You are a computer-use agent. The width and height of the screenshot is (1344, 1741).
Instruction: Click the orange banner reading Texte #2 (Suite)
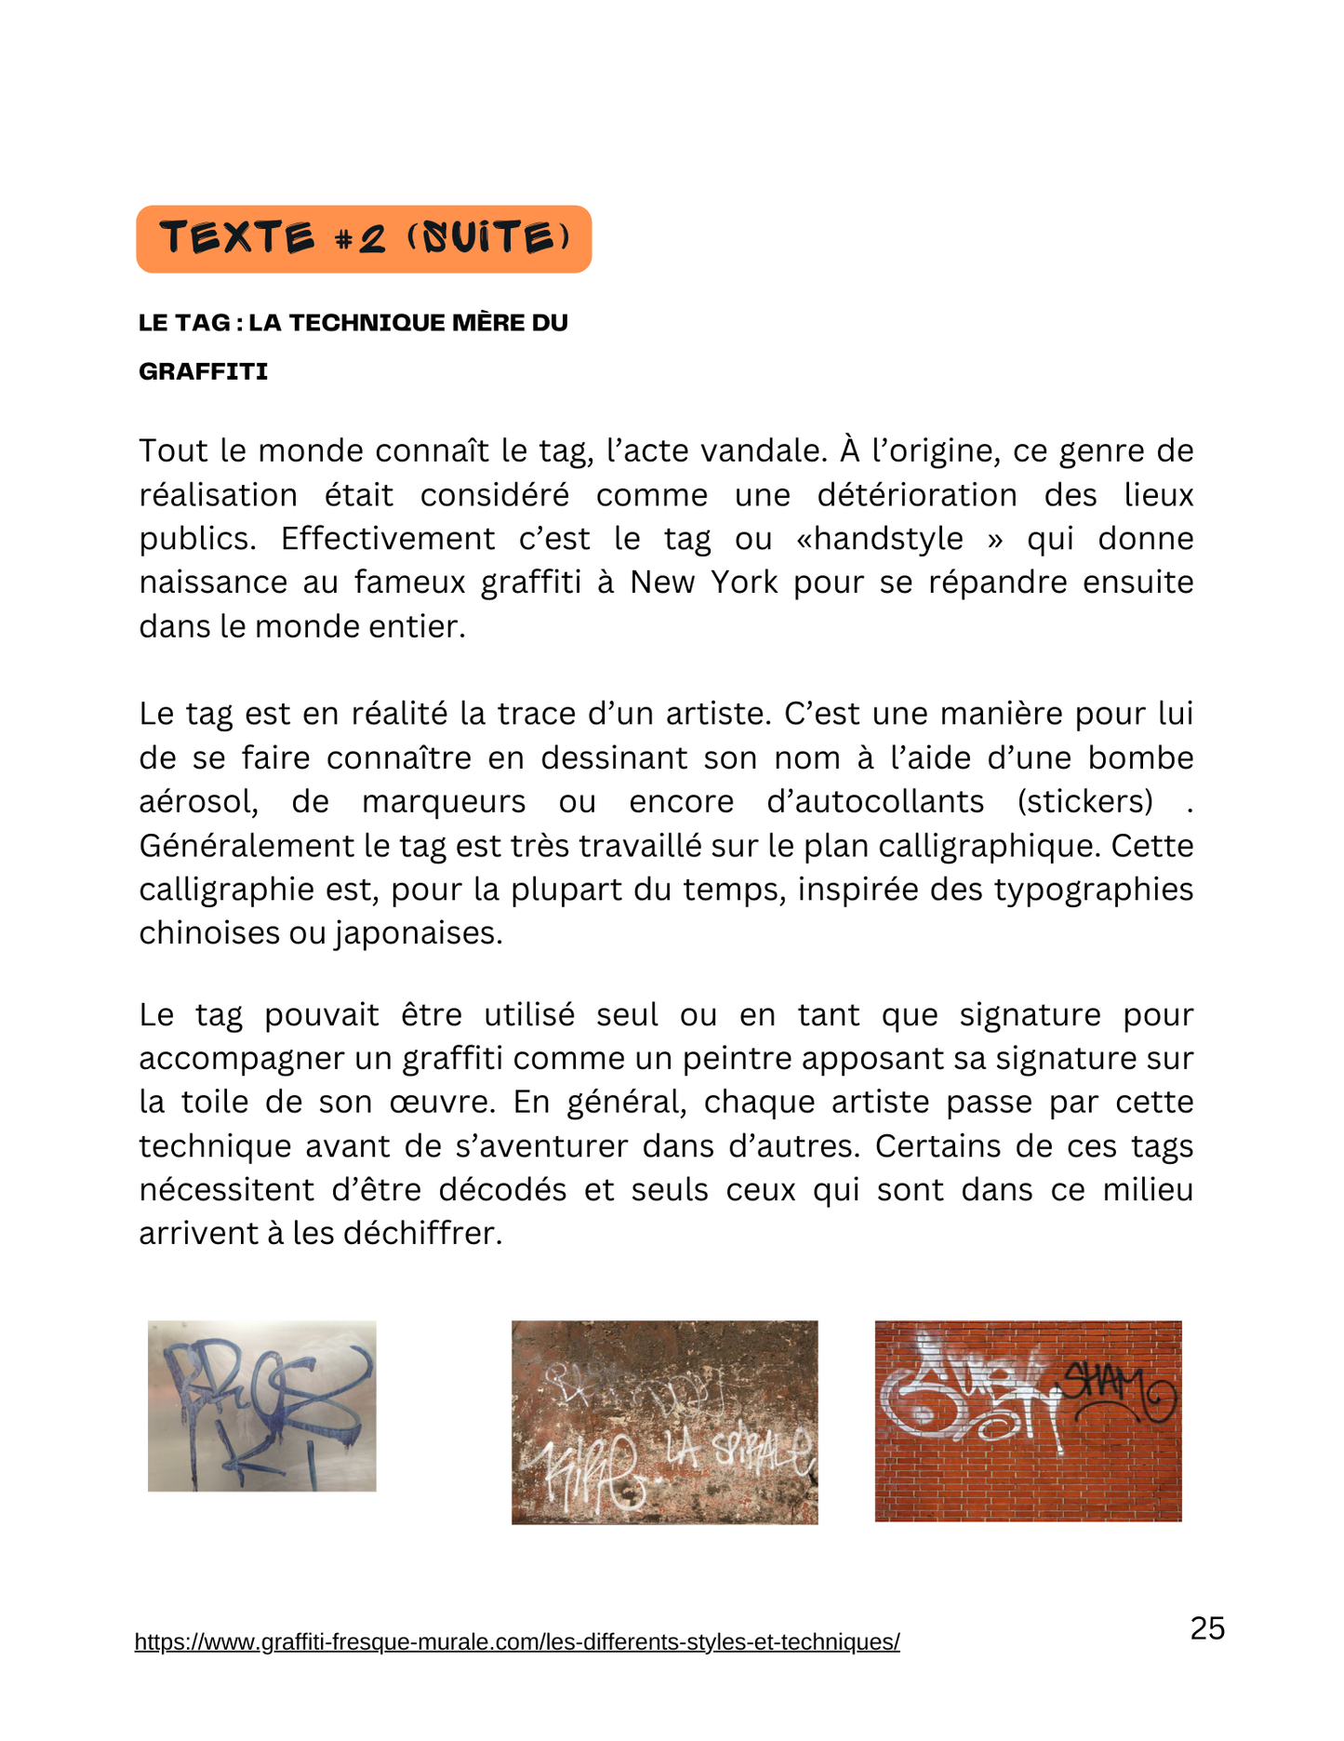(364, 239)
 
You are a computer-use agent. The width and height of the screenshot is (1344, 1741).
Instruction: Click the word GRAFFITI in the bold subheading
(204, 372)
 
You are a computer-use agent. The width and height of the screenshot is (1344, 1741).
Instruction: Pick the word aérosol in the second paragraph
(198, 802)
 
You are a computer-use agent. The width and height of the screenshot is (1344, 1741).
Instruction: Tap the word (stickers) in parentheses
(1085, 802)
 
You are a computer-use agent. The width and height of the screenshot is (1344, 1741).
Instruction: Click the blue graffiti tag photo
(262, 1405)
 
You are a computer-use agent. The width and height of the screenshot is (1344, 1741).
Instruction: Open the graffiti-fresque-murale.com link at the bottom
(517, 1642)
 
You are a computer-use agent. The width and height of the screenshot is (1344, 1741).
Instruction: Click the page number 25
(1207, 1628)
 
